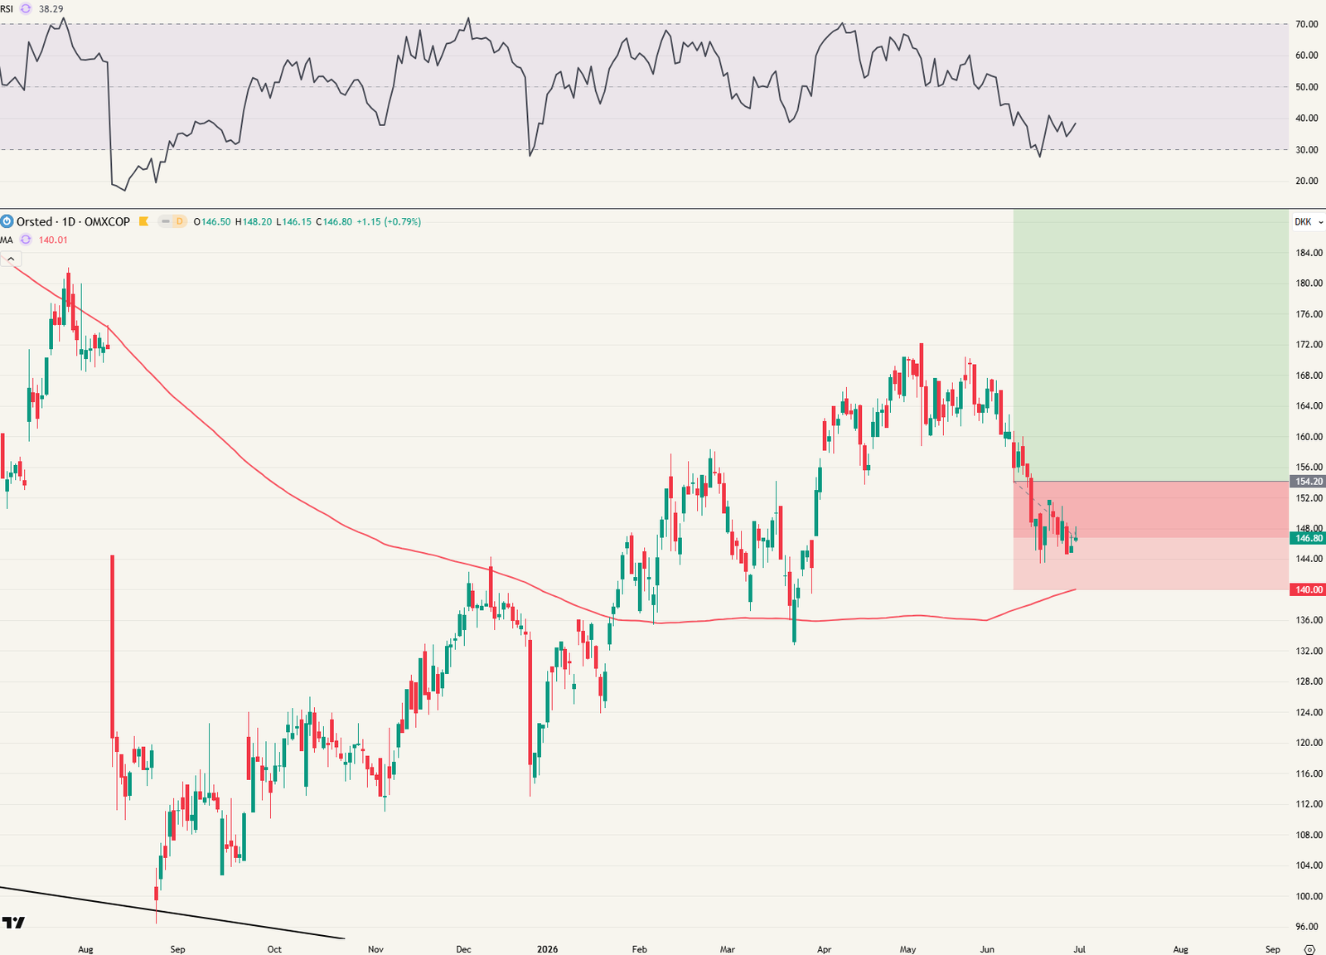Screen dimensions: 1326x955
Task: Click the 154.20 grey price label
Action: (1308, 482)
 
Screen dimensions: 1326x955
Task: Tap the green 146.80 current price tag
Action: (1308, 538)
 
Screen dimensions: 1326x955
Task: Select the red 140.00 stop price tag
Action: (1308, 589)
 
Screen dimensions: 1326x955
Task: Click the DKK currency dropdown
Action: (1309, 222)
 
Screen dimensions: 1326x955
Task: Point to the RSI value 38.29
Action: (51, 9)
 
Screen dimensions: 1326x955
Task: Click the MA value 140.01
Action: (53, 240)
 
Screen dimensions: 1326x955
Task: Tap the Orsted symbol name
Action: (34, 221)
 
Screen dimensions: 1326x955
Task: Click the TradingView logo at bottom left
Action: (13, 922)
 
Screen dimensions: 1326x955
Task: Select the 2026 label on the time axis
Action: (547, 949)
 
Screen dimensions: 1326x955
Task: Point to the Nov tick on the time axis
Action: (375, 949)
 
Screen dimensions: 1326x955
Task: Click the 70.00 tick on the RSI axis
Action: (1306, 24)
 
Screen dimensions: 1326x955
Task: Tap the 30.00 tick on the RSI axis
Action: (1306, 150)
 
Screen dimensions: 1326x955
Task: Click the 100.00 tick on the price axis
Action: (1309, 896)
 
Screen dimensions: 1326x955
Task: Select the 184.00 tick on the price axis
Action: (1309, 253)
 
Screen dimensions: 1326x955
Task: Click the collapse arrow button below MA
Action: (11, 259)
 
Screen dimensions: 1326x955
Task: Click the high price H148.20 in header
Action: (254, 222)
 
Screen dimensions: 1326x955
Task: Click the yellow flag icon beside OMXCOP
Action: (143, 221)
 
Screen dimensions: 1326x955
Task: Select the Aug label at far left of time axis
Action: (85, 949)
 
